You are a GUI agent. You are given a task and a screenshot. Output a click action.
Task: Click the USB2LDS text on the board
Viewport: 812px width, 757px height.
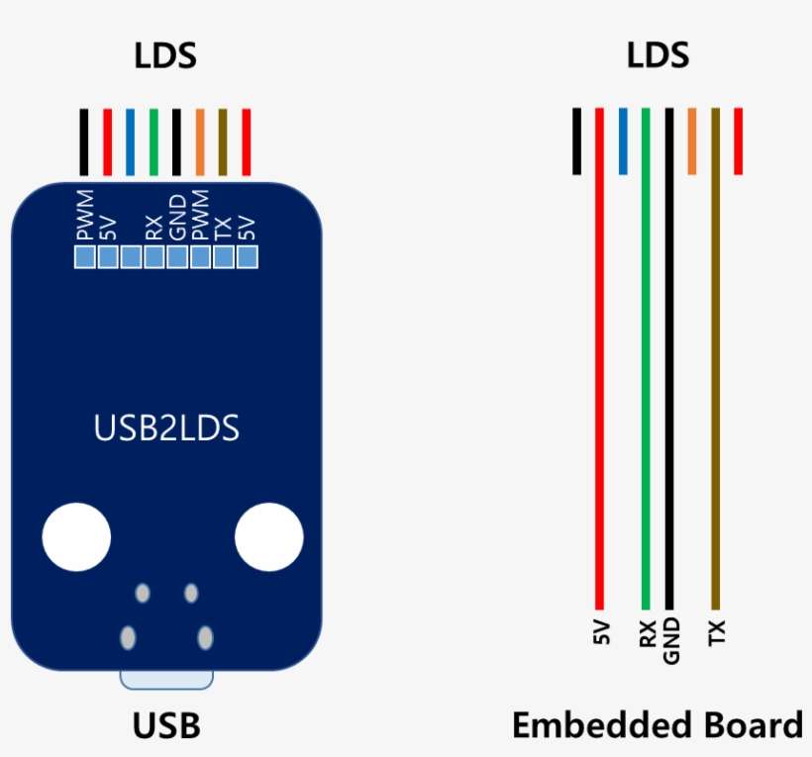(166, 427)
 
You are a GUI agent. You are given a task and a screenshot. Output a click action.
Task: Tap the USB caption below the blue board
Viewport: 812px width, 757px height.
(166, 725)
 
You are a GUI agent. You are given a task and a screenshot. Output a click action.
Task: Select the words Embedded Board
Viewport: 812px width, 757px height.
(658, 725)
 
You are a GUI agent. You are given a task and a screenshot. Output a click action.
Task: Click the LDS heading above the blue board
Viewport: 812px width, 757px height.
(165, 55)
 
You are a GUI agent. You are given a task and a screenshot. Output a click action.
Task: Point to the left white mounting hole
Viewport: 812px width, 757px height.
(76, 537)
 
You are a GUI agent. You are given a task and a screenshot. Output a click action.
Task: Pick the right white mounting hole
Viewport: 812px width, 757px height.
(268, 537)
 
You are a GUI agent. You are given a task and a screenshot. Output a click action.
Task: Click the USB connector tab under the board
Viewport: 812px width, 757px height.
(166, 680)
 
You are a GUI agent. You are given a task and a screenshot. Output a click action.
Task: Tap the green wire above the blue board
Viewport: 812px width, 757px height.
(153, 142)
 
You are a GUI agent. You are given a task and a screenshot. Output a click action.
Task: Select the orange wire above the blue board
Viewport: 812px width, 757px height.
(200, 142)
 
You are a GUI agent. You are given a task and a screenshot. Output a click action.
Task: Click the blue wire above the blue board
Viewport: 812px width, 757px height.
(130, 142)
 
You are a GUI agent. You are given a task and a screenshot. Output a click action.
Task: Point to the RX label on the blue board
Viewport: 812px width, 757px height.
(153, 229)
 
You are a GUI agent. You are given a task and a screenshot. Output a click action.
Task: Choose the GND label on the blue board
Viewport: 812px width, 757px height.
(177, 218)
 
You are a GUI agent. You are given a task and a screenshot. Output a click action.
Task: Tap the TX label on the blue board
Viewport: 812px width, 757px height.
(223, 229)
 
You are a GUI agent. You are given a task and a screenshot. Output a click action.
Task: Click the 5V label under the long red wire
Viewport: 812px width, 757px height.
(601, 631)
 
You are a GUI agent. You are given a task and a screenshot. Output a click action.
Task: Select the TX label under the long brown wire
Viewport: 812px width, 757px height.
(717, 632)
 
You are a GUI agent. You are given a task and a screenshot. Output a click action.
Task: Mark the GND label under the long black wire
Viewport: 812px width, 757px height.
(670, 640)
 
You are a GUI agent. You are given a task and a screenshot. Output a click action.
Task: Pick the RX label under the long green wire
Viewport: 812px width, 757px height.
(648, 633)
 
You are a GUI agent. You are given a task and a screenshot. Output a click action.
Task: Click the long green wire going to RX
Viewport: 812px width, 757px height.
(646, 358)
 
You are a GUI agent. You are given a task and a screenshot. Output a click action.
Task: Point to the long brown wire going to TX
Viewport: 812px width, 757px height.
(715, 358)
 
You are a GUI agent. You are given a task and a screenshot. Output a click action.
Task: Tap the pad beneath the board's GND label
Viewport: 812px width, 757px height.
(177, 257)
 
